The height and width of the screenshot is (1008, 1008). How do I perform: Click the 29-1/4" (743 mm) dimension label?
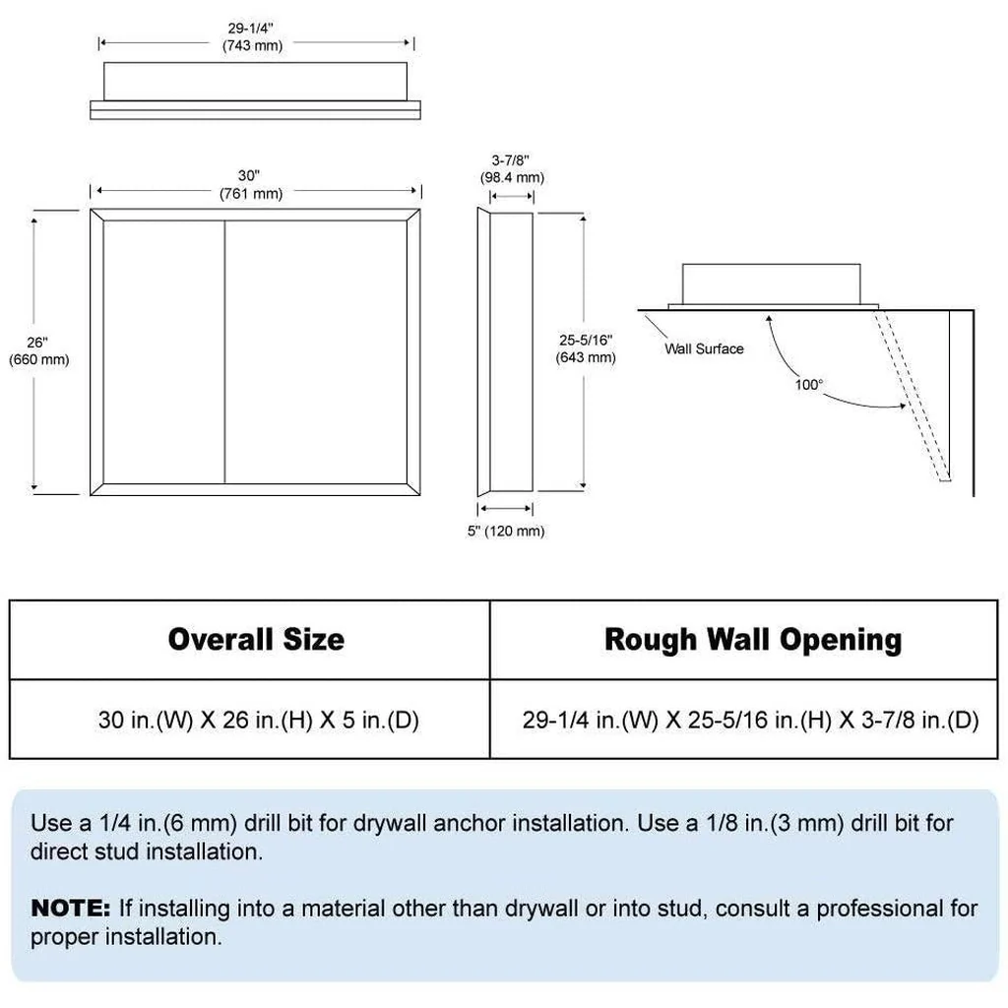(252, 36)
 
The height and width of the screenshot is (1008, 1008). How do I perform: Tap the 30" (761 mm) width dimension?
(251, 184)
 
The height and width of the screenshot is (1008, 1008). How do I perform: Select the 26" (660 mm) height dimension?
(38, 351)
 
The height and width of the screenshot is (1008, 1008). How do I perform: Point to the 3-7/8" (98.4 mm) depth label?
(512, 169)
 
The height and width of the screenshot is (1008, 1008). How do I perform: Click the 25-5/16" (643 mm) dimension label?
(586, 348)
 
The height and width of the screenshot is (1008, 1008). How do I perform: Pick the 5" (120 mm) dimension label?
(506, 531)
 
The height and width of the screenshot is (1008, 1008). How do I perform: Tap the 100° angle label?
(809, 385)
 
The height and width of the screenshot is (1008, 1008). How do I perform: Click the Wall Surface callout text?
(704, 348)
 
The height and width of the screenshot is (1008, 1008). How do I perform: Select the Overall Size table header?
(256, 639)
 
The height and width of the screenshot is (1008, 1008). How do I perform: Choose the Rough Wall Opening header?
(753, 640)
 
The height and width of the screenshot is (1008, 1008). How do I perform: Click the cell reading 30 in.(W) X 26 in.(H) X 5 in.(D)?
(259, 720)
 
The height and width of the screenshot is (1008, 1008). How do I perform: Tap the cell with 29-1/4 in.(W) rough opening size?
(750, 720)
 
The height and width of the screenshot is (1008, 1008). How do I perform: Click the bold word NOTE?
(71, 908)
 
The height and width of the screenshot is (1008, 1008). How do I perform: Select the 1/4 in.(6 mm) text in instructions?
(168, 824)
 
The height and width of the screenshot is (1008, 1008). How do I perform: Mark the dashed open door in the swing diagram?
(911, 396)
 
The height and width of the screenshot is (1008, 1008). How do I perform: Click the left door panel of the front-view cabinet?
(164, 351)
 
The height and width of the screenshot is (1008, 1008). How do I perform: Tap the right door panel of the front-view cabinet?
(316, 351)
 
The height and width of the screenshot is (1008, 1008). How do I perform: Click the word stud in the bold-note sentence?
(680, 909)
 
